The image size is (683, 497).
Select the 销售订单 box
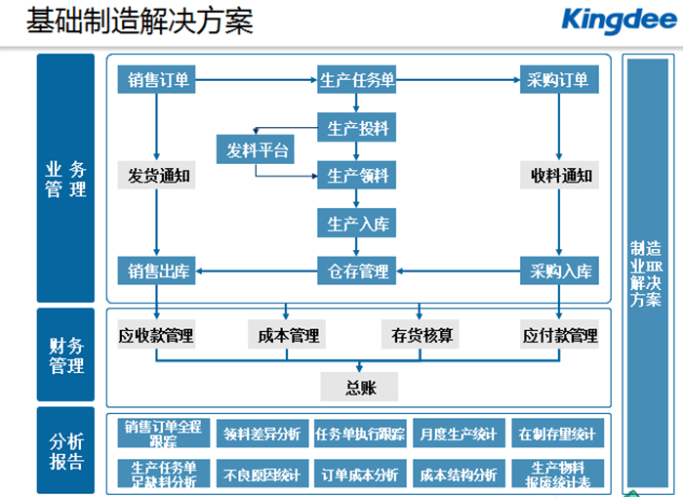(156, 80)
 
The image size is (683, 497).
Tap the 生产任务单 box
(357, 80)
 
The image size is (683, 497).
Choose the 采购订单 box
(558, 80)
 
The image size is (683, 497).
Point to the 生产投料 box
(357, 127)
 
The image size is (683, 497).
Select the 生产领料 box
(357, 176)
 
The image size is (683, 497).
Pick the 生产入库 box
(357, 224)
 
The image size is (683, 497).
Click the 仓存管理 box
(357, 271)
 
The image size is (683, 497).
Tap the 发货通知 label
(156, 177)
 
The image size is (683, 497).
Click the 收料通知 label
(558, 177)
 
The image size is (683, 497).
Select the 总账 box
(359, 388)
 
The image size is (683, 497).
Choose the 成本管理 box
(288, 336)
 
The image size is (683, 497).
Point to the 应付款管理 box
(559, 336)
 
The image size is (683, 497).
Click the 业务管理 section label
(65, 178)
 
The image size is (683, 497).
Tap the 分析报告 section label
(65, 451)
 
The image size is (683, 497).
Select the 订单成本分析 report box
(359, 476)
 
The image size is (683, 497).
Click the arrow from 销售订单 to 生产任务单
(257, 80)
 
